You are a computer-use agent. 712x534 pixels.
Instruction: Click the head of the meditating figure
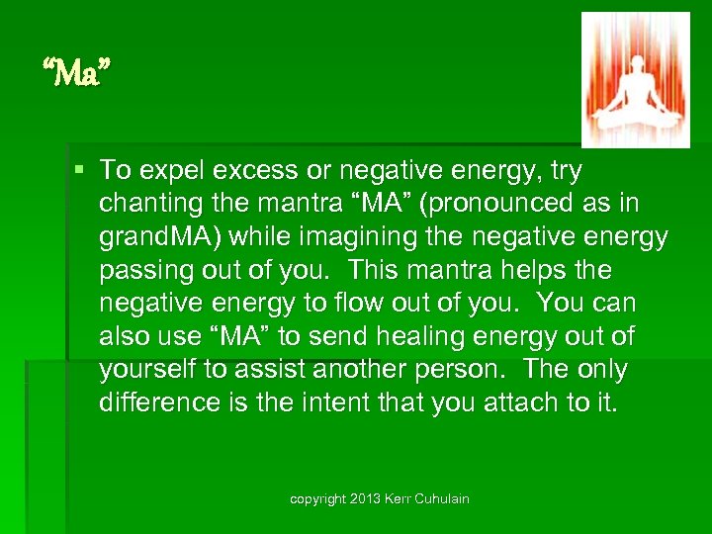point(634,77)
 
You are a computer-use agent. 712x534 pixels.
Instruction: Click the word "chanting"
point(143,204)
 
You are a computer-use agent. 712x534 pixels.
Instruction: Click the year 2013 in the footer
point(368,499)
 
